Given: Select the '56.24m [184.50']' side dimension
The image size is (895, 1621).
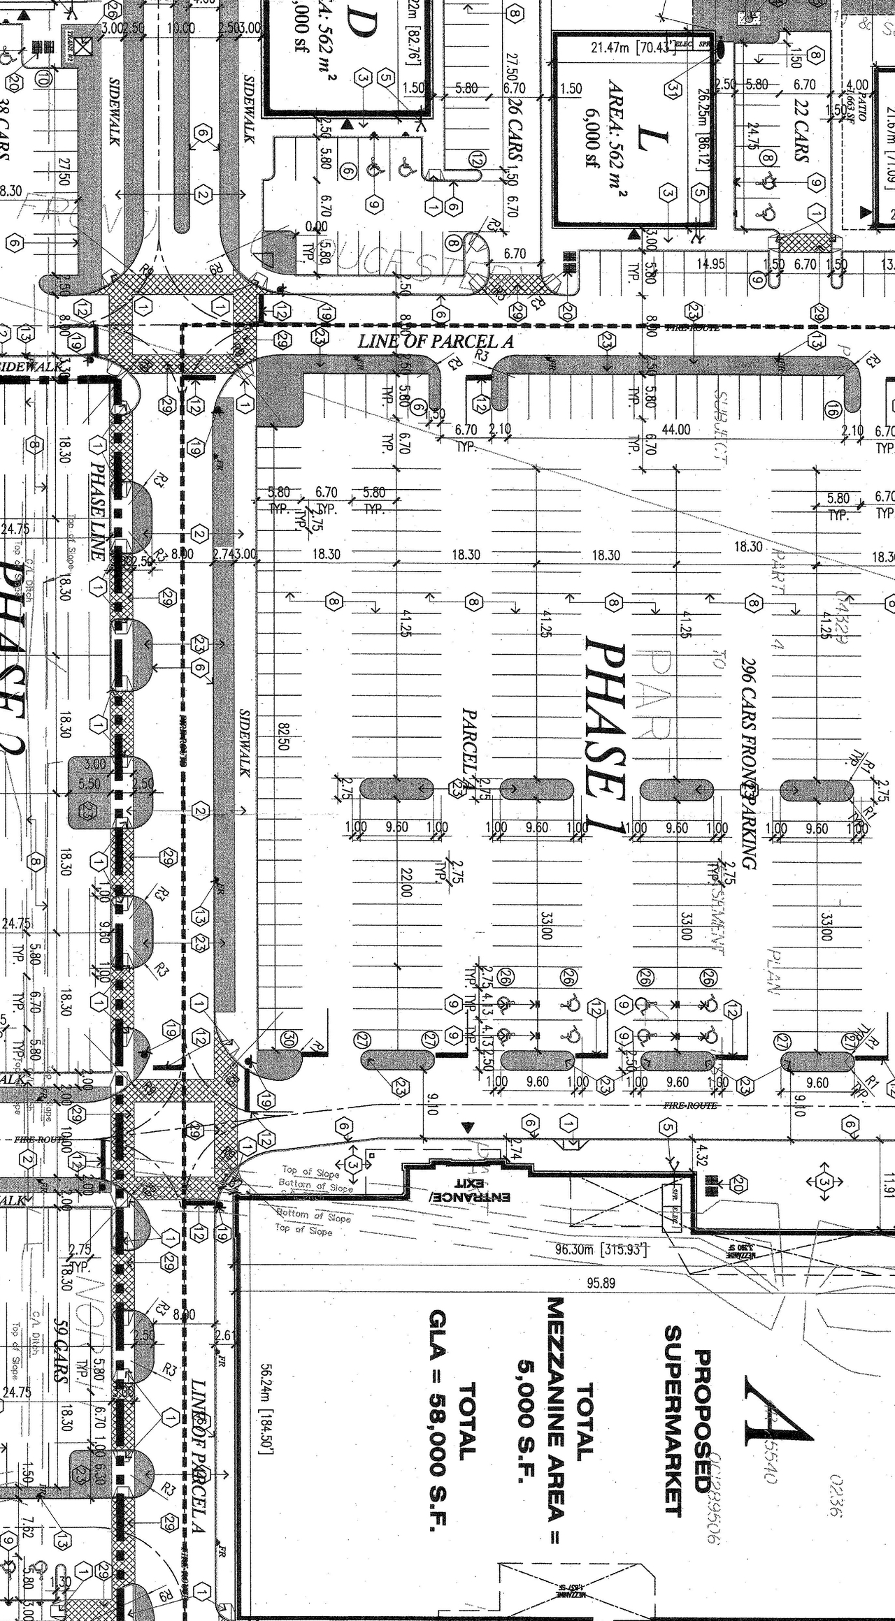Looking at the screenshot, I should click(x=266, y=1411).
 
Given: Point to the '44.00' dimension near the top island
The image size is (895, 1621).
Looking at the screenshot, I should click(x=675, y=430).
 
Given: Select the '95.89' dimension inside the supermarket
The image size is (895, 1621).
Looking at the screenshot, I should click(x=601, y=1283).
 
